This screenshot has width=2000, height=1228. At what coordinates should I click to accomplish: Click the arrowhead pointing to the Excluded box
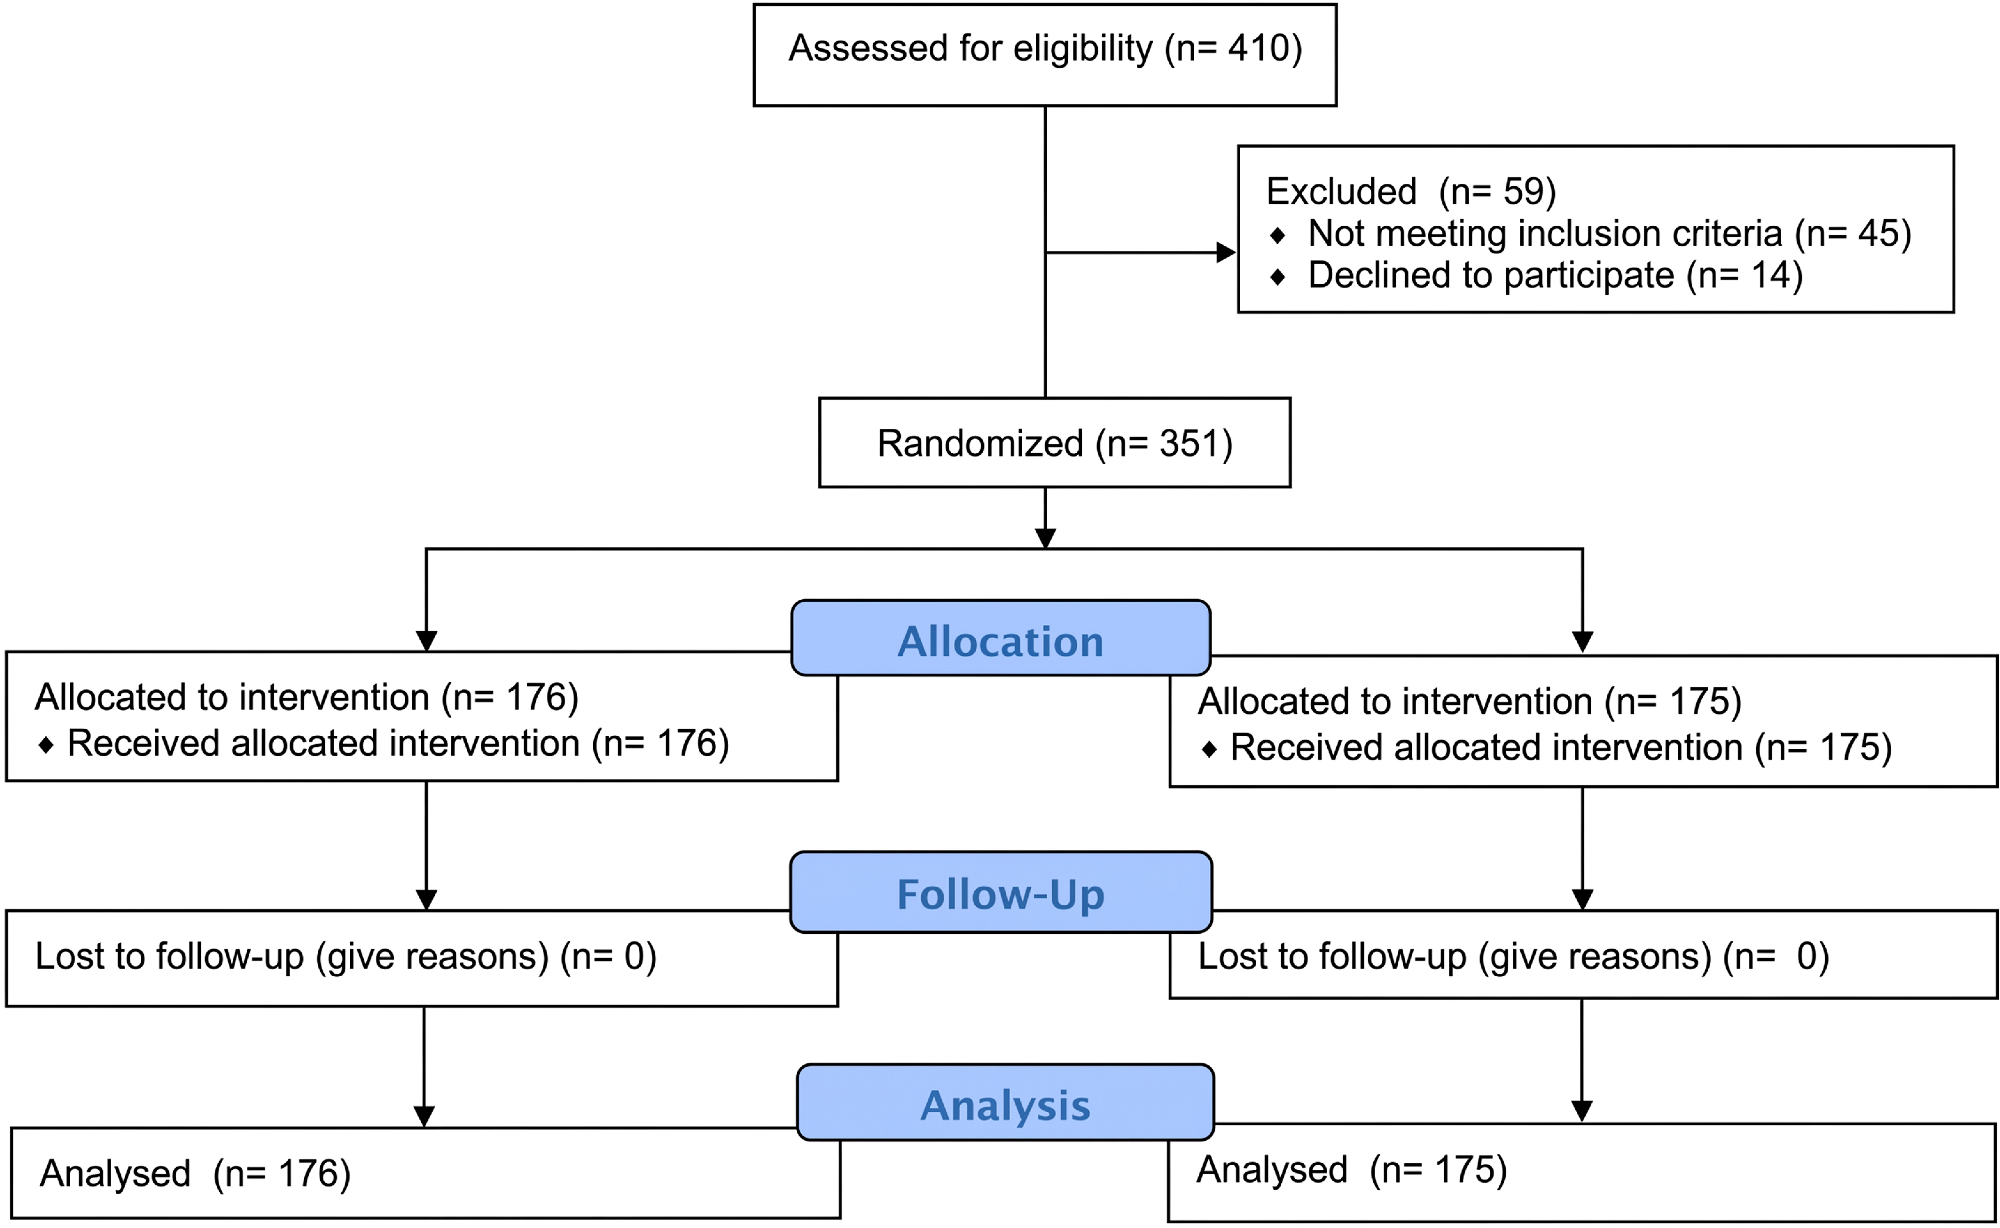1226,253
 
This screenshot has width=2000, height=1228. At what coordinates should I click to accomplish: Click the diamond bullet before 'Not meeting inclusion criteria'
1278,235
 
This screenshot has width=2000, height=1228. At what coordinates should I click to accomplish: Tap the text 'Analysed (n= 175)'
1352,1170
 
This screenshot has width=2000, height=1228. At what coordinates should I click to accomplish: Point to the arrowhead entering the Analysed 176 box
424,1117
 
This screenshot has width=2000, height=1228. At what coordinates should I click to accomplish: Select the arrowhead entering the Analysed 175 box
1582,1111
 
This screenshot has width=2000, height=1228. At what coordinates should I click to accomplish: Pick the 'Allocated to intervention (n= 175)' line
1469,701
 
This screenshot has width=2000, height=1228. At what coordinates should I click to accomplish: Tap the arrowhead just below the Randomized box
1045,539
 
